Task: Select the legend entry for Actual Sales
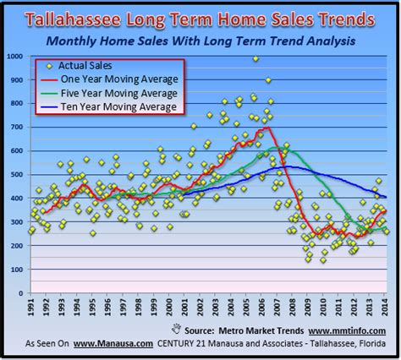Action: click(x=94, y=65)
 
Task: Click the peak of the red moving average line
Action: click(x=266, y=128)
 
